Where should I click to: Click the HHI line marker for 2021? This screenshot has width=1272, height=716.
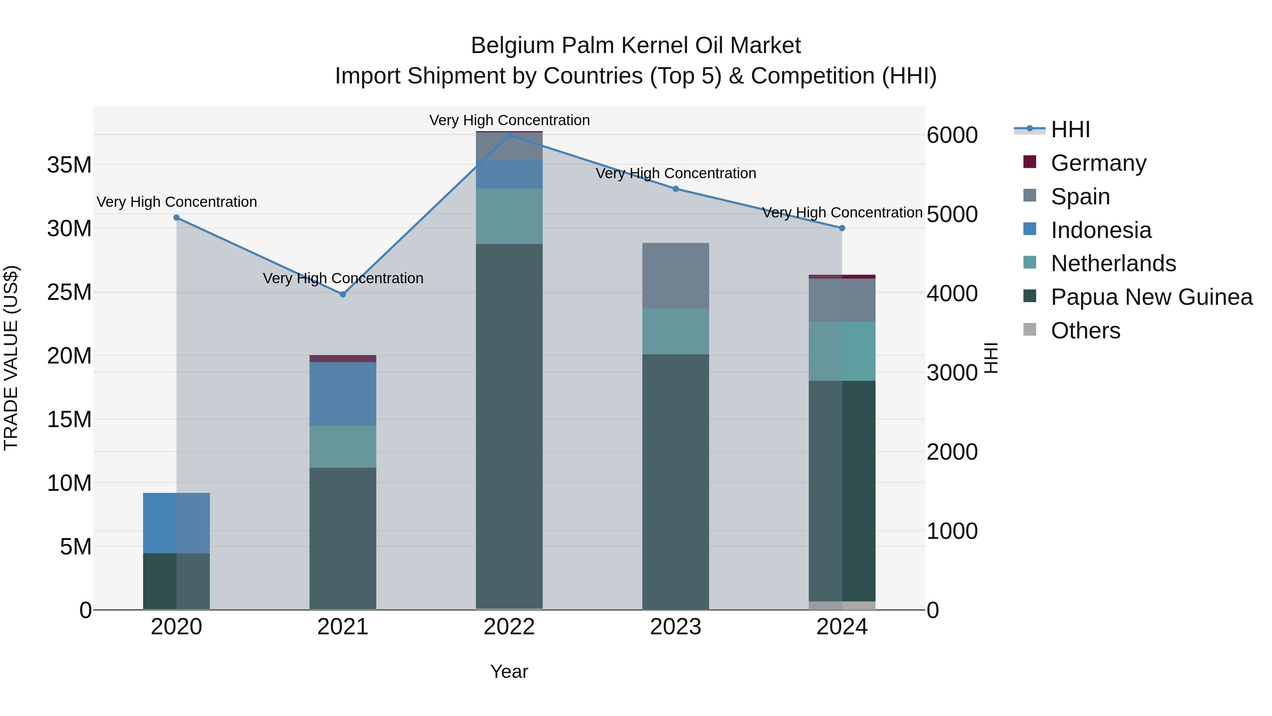[343, 294]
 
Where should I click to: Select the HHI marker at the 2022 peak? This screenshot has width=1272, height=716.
[509, 135]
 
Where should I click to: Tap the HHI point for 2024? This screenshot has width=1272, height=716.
[842, 228]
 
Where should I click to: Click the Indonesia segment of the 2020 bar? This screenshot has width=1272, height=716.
[176, 523]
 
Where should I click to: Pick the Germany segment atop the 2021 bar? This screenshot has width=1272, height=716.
[343, 358]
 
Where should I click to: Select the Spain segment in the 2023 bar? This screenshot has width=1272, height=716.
[676, 276]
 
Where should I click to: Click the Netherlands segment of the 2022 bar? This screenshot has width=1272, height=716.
[509, 216]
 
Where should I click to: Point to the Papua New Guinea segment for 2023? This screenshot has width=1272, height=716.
[676, 482]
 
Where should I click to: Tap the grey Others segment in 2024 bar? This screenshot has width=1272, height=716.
[842, 605]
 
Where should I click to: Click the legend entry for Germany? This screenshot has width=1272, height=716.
[1098, 163]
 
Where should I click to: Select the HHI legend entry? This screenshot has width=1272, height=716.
[1070, 129]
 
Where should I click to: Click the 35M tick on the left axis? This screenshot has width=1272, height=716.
[69, 164]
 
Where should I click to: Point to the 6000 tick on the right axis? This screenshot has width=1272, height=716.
[952, 135]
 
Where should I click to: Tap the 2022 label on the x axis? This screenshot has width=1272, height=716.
[509, 627]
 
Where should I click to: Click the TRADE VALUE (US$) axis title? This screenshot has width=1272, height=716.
[11, 358]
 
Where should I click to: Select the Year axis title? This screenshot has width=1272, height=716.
[509, 671]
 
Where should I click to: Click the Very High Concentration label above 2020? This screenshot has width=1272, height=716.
[176, 202]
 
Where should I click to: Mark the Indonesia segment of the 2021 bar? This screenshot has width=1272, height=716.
[343, 394]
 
